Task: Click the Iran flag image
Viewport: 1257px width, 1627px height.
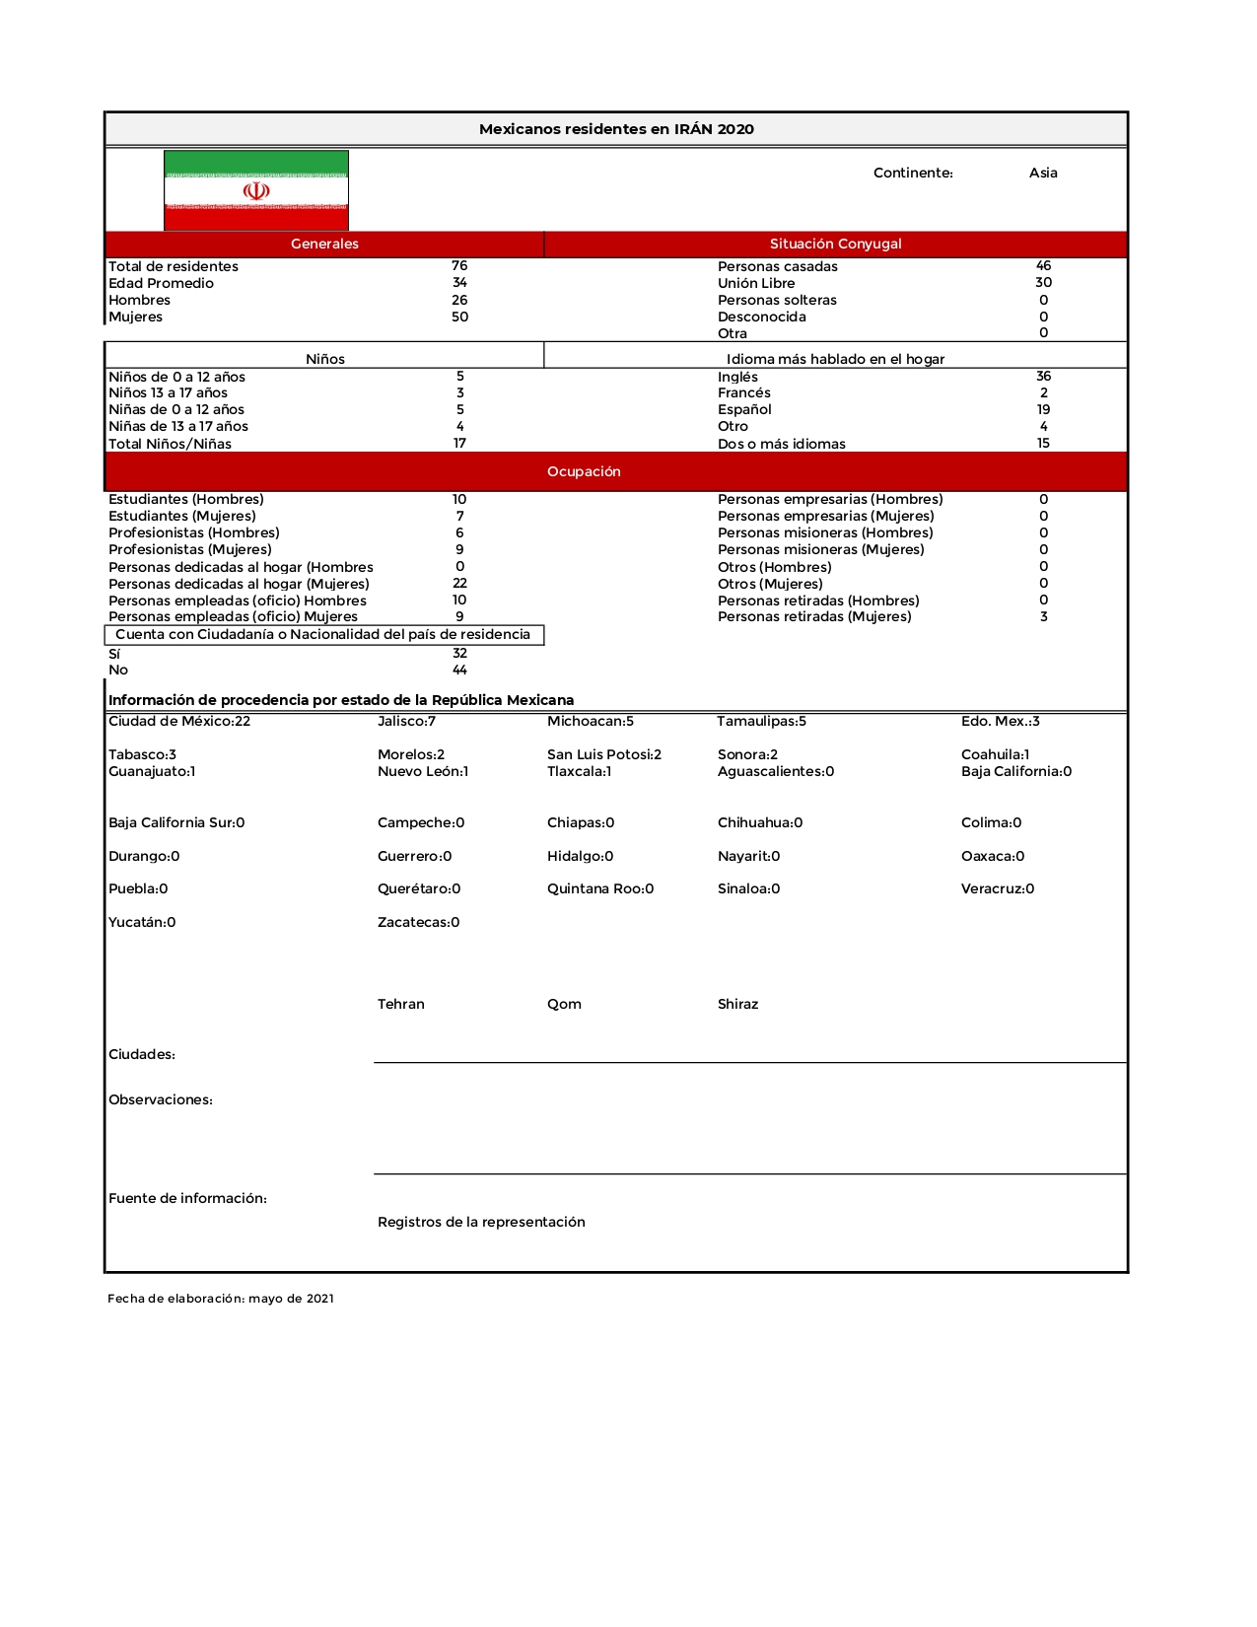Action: click(x=256, y=190)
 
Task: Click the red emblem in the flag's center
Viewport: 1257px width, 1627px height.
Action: click(x=256, y=190)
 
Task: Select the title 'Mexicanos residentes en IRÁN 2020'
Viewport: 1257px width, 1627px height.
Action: click(x=616, y=129)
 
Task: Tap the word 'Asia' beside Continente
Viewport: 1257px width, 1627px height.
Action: click(x=1043, y=173)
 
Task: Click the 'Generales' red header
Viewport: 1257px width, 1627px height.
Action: click(x=324, y=244)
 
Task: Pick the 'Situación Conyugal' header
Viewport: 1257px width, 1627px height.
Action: click(x=835, y=244)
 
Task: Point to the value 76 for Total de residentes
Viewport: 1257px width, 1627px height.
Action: click(x=459, y=266)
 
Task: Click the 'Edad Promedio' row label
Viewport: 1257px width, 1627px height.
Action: click(x=161, y=283)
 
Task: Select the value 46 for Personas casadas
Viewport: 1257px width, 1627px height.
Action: click(x=1043, y=266)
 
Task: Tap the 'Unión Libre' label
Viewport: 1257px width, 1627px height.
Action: click(x=756, y=283)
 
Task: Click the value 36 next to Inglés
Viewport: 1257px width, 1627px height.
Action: click(x=1043, y=377)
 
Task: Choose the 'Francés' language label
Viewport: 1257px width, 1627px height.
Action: click(x=744, y=392)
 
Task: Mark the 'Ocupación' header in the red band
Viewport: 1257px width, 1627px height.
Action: click(x=584, y=471)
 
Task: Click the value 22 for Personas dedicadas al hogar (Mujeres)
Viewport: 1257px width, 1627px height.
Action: click(x=459, y=584)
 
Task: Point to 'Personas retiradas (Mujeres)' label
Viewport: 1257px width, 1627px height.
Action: click(x=814, y=617)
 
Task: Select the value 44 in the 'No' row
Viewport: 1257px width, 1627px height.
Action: click(x=459, y=671)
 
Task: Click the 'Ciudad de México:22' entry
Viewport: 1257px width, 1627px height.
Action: click(x=179, y=722)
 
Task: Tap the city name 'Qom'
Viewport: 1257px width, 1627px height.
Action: click(x=564, y=1004)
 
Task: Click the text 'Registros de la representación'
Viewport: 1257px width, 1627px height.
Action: click(x=481, y=1222)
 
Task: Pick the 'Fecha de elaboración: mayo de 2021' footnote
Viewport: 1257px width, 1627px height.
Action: click(x=221, y=1299)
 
